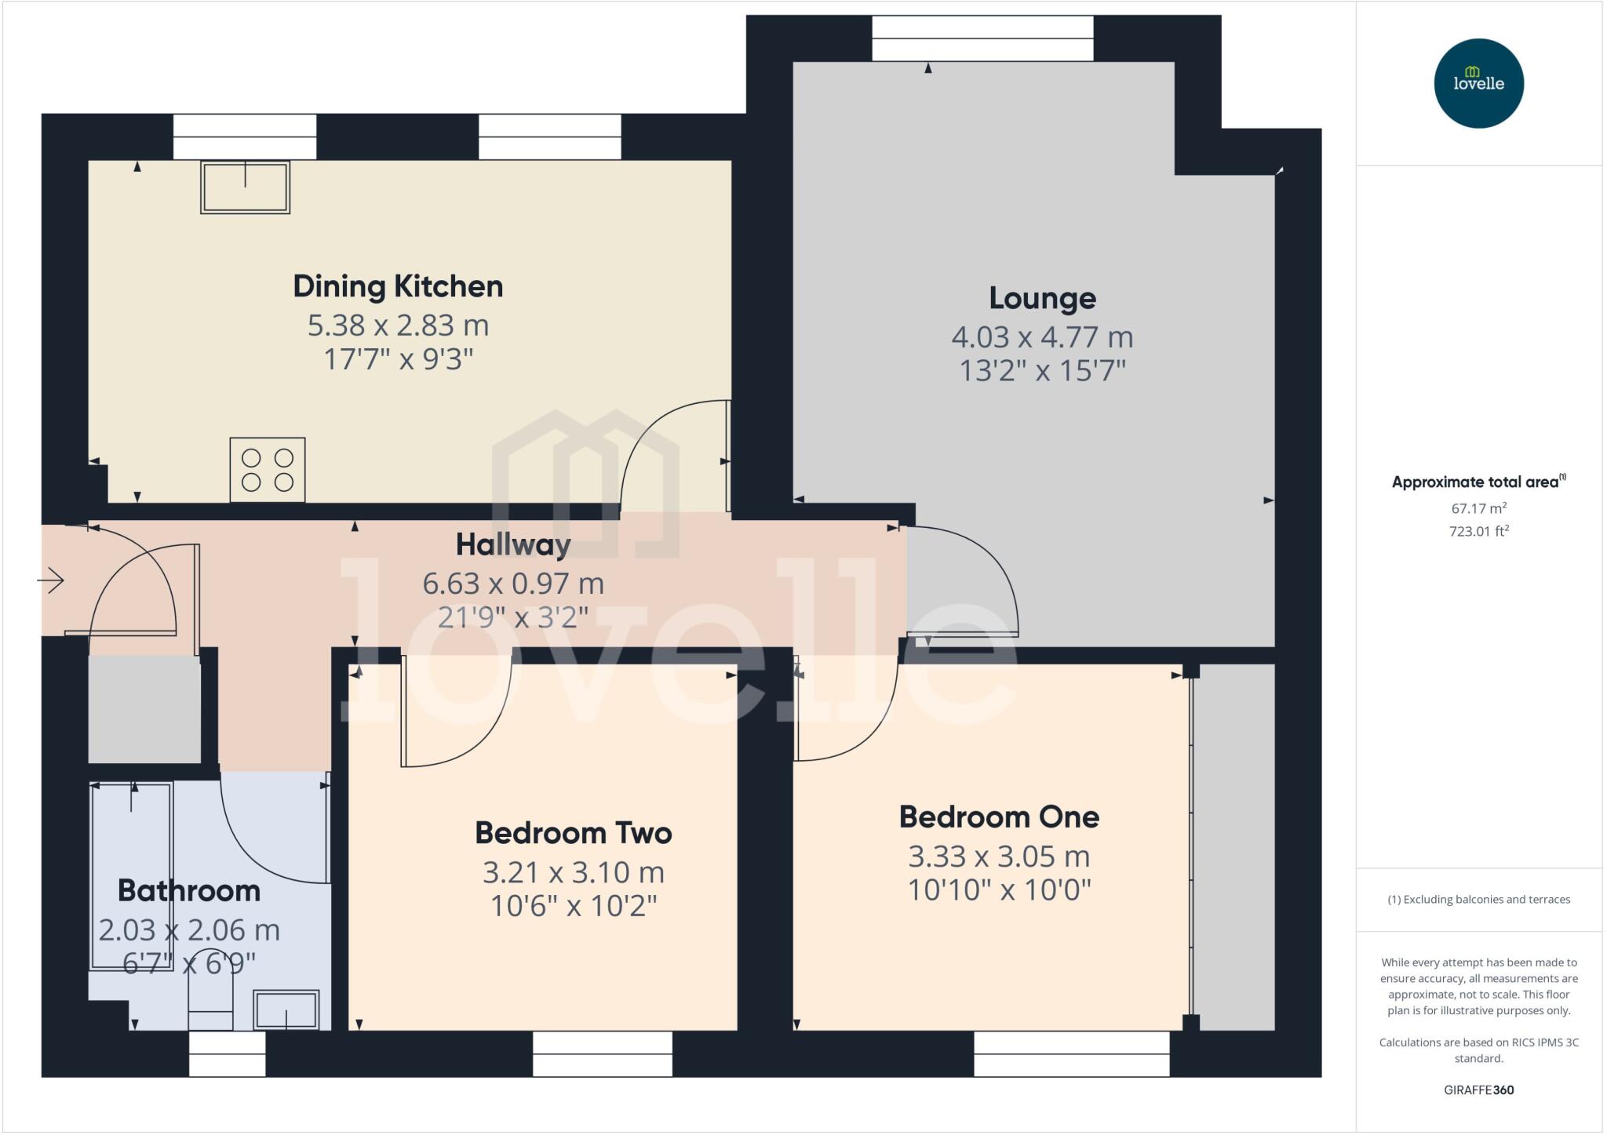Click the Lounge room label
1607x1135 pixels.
click(1042, 299)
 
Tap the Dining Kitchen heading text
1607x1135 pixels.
click(398, 286)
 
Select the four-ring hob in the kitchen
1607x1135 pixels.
click(268, 470)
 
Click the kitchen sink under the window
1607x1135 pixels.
click(245, 187)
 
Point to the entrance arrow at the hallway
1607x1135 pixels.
click(51, 581)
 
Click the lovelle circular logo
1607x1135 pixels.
click(1478, 83)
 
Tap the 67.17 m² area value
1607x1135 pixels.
click(1478, 508)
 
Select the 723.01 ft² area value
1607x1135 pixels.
click(1478, 531)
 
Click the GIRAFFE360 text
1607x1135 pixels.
click(1478, 1090)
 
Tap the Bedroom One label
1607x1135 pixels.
click(999, 817)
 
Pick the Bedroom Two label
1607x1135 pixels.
click(573, 833)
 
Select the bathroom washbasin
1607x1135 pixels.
click(286, 1009)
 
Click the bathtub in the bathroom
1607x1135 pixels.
click(131, 875)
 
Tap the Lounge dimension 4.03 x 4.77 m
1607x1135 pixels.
click(1042, 337)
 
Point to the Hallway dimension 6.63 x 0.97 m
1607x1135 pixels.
click(513, 584)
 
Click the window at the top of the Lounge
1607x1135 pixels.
click(982, 38)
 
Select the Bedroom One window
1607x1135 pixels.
click(1071, 1053)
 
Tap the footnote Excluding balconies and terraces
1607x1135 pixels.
click(1478, 900)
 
